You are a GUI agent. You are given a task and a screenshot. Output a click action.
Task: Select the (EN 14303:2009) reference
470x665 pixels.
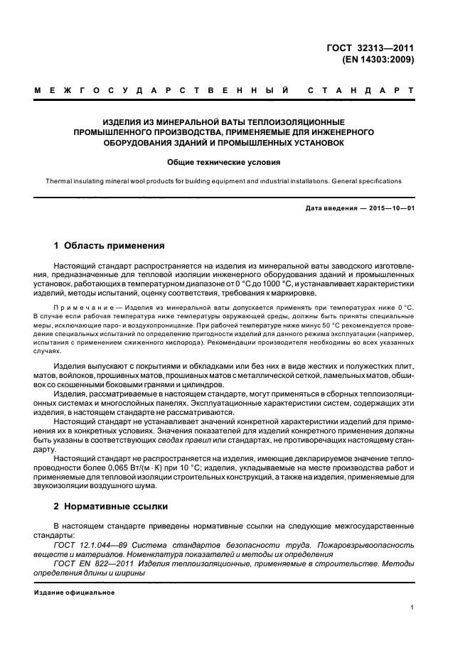(x=377, y=60)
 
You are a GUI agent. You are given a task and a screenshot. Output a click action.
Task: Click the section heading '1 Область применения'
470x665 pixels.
(x=110, y=246)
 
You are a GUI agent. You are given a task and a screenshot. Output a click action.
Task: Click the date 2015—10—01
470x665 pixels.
(x=390, y=207)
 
